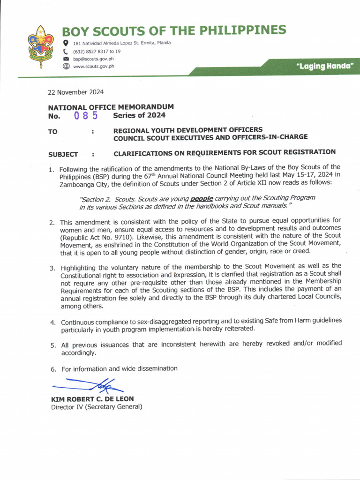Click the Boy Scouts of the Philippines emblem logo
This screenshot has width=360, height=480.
click(x=41, y=47)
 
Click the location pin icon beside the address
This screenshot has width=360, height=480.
click(x=66, y=43)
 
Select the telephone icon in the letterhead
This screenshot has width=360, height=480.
click(x=66, y=51)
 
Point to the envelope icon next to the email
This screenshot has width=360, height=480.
click(x=66, y=59)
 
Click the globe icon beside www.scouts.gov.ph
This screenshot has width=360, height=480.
click(x=66, y=67)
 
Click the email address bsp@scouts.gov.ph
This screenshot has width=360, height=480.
click(x=93, y=59)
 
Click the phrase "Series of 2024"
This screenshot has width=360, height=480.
click(x=139, y=115)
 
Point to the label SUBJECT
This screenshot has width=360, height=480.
click(x=63, y=154)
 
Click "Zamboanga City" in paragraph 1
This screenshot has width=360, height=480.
click(x=83, y=184)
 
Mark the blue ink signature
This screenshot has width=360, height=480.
click(x=89, y=385)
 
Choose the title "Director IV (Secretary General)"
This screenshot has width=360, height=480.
click(x=96, y=407)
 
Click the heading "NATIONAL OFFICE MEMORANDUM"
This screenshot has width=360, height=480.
click(x=111, y=107)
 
